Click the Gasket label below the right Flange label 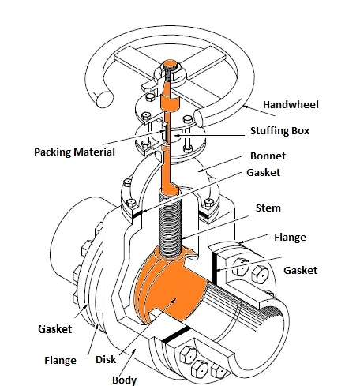pos(299,270)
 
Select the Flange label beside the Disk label pos(61,361)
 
